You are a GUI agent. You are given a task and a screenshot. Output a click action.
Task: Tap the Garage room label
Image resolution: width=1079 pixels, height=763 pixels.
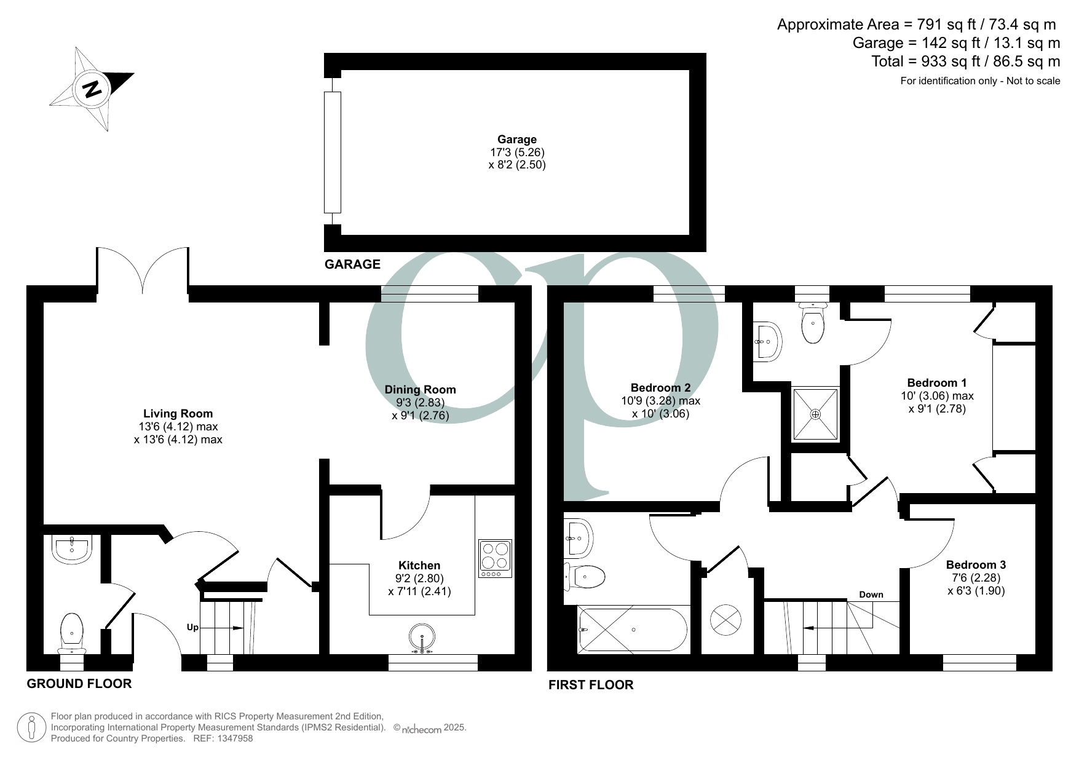(516, 140)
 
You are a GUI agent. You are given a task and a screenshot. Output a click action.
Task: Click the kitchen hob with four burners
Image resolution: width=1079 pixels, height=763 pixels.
(496, 558)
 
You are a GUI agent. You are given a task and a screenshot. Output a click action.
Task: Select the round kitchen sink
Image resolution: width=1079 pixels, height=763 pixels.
(422, 638)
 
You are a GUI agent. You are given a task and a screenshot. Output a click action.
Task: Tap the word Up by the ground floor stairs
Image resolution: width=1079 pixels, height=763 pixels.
(193, 628)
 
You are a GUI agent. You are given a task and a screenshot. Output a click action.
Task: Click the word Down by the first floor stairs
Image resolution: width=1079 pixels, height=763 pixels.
(871, 595)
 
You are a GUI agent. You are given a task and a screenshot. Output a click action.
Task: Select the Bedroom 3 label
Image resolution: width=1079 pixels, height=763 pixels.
(976, 564)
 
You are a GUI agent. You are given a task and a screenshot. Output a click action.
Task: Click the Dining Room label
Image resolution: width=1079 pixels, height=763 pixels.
(420, 389)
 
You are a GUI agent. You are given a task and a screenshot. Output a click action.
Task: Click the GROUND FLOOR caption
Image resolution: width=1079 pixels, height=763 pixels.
(79, 684)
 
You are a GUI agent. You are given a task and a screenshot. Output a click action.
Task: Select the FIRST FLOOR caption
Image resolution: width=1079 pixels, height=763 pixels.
(590, 685)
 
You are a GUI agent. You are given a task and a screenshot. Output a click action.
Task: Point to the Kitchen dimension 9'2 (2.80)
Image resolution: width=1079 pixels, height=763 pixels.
(419, 579)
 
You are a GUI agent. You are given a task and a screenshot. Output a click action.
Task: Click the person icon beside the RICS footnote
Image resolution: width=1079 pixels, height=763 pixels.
(31, 727)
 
